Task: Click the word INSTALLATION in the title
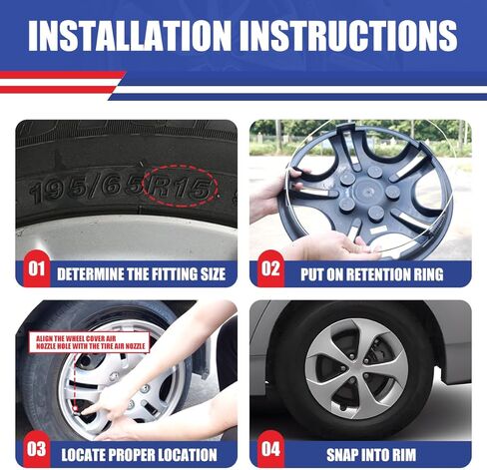point(129,36)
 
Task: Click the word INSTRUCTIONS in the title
point(348,36)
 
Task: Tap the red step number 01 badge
point(36,268)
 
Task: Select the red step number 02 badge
point(270,268)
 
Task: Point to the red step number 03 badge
point(36,449)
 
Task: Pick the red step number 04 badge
point(270,449)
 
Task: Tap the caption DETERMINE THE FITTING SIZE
point(141,274)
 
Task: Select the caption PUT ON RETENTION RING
point(372,274)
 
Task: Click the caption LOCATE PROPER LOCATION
point(139,455)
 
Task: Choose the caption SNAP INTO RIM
point(371,455)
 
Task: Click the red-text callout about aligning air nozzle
point(89,342)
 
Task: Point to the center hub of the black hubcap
point(370,192)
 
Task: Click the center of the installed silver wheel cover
point(356,368)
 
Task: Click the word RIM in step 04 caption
point(402,455)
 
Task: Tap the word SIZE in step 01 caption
point(213,274)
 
